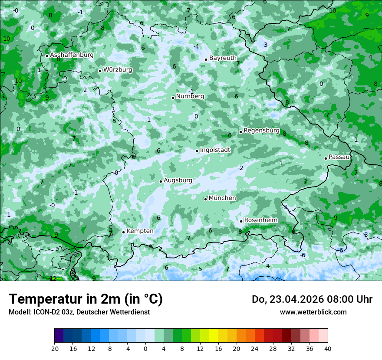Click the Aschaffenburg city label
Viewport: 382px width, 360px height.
tap(72, 55)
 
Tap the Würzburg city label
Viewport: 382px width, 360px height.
tap(118, 69)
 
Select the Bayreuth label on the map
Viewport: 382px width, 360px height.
tap(223, 58)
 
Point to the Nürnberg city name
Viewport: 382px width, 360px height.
tap(190, 96)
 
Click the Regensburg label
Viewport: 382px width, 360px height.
tap(261, 131)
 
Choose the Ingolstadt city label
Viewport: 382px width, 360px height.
tap(215, 150)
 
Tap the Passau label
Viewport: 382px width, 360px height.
tap(339, 157)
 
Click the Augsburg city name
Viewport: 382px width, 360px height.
tap(178, 180)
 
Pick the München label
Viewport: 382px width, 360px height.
tap(222, 198)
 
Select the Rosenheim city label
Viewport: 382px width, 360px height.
tap(260, 220)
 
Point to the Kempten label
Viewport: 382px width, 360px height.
tap(140, 231)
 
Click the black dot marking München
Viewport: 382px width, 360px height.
tap(205, 199)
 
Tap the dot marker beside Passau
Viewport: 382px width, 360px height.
tap(326, 158)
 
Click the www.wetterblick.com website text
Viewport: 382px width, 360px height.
tap(313, 312)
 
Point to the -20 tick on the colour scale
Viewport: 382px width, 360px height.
tap(54, 348)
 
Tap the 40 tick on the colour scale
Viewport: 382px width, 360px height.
tap(327, 348)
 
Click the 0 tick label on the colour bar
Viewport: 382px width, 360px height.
tap(145, 348)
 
